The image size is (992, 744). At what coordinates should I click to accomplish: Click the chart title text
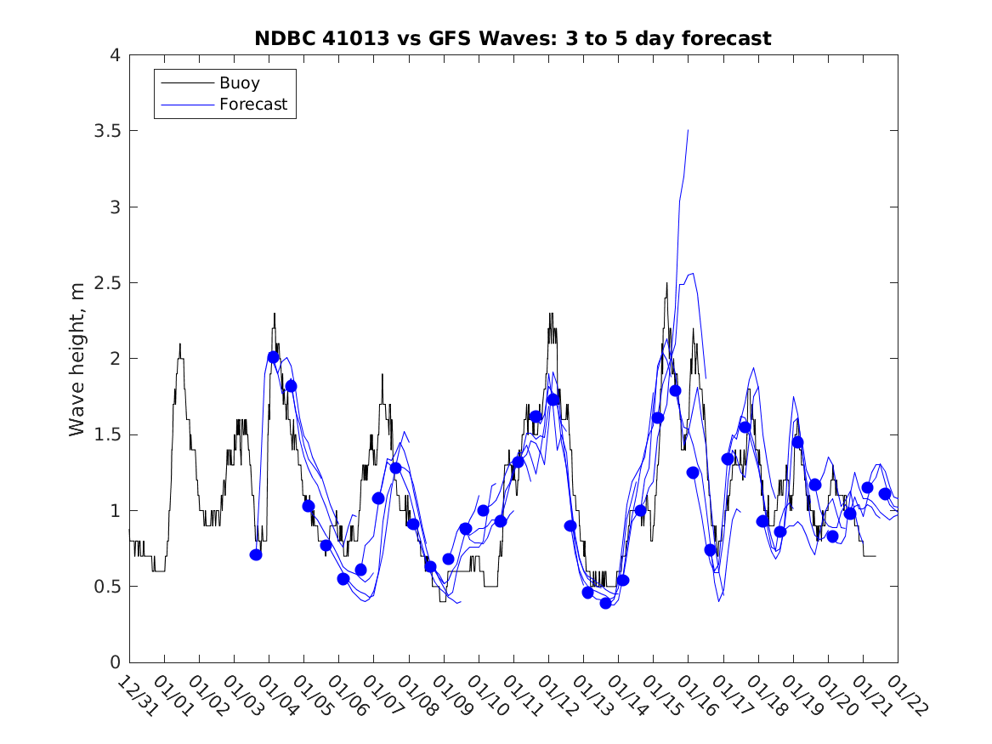pos(513,38)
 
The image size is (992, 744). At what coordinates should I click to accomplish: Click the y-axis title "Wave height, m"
pos(77,359)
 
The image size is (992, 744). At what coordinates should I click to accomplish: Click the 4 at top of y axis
pos(114,56)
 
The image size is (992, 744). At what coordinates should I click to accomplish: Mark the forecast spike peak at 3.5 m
pos(688,131)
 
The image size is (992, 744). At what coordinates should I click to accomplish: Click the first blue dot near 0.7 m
pos(256,554)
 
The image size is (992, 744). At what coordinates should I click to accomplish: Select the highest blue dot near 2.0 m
pos(273,357)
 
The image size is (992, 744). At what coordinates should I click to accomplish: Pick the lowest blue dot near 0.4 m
pos(605,603)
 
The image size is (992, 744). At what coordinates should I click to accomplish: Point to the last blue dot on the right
pos(885,494)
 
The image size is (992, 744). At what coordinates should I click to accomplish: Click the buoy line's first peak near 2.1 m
pos(180,344)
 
